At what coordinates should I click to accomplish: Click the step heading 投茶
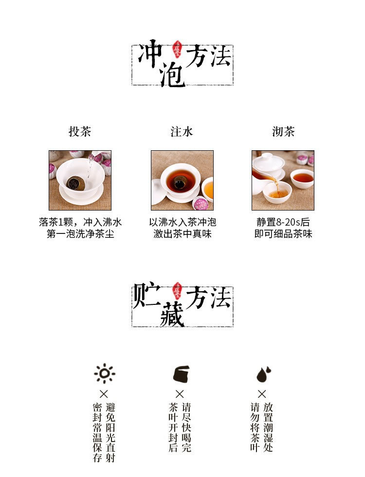click(x=80, y=132)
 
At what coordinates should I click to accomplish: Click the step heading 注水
click(x=182, y=132)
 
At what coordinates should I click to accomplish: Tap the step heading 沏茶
click(x=283, y=132)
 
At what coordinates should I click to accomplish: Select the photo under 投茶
click(x=80, y=180)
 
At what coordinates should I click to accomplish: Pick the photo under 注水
click(x=182, y=180)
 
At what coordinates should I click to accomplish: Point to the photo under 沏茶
click(x=283, y=180)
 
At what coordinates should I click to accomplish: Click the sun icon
click(x=104, y=373)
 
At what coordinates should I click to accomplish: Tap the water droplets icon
click(x=263, y=374)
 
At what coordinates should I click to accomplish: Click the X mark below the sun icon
click(x=104, y=394)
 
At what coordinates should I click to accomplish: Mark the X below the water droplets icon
click(x=262, y=394)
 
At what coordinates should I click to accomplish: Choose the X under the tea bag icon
click(x=180, y=394)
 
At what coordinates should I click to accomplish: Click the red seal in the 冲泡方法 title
click(x=178, y=51)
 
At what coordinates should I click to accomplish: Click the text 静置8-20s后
click(x=283, y=222)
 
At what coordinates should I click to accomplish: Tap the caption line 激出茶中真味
click(x=182, y=234)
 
